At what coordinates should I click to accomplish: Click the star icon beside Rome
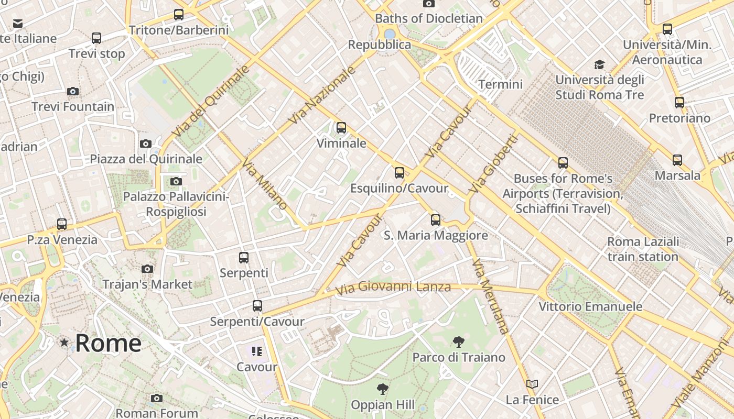point(64,343)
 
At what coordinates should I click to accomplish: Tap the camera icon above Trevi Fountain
point(73,92)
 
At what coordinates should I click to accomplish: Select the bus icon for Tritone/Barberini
point(179,15)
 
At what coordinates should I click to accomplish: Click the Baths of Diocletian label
point(428,18)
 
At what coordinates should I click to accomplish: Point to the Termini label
point(501,84)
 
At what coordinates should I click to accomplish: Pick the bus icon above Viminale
point(341,127)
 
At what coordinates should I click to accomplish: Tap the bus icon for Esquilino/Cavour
point(400,172)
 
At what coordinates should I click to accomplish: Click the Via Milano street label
point(265,184)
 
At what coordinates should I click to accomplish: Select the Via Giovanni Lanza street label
point(393,287)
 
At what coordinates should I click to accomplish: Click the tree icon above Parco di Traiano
point(459,342)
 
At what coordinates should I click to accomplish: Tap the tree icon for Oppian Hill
point(383,389)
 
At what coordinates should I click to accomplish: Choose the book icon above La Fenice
point(532,384)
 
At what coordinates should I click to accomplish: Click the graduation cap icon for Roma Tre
point(599,64)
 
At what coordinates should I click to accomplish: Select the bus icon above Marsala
point(677,160)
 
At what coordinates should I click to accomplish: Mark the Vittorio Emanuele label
point(590,306)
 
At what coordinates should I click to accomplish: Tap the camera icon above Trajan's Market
point(147,269)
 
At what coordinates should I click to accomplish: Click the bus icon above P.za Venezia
point(62,224)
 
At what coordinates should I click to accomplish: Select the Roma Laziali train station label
point(643,249)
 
